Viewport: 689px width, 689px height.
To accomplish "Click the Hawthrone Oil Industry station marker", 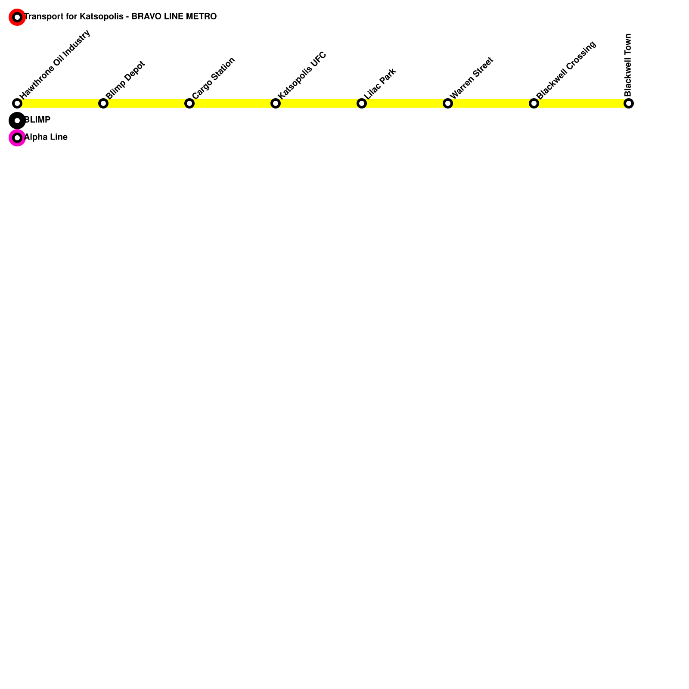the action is pos(17,103).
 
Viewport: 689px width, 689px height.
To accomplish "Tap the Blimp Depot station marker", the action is pos(103,103).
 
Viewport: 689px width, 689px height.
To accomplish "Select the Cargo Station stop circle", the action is pos(189,103).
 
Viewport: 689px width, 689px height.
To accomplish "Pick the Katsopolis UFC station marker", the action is pos(276,103).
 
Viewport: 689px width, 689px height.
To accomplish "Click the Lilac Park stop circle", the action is pos(362,103).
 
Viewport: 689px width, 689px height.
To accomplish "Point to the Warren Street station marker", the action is pos(448,103).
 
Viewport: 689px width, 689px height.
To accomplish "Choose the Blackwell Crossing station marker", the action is pos(534,103).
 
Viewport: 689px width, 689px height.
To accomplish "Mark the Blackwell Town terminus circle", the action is pos(629,103).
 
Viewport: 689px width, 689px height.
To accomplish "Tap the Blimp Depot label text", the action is pos(125,80).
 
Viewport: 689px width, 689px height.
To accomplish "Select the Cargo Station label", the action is pos(214,78).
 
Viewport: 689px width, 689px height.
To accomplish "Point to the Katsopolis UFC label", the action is pos(302,75).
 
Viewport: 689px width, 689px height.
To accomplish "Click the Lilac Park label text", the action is pos(380,84).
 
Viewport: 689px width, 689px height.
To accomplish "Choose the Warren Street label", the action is pos(472,78).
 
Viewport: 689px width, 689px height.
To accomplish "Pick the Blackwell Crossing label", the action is pos(566,70).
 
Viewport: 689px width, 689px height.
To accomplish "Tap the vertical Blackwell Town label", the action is pos(628,65).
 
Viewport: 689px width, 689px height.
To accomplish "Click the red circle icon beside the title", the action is pos(17,17).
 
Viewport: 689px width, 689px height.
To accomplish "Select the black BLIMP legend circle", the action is pos(17,121).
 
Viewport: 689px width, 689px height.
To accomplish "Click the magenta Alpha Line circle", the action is pos(17,138).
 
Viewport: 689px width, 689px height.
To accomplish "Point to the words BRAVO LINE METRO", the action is pos(174,17).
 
